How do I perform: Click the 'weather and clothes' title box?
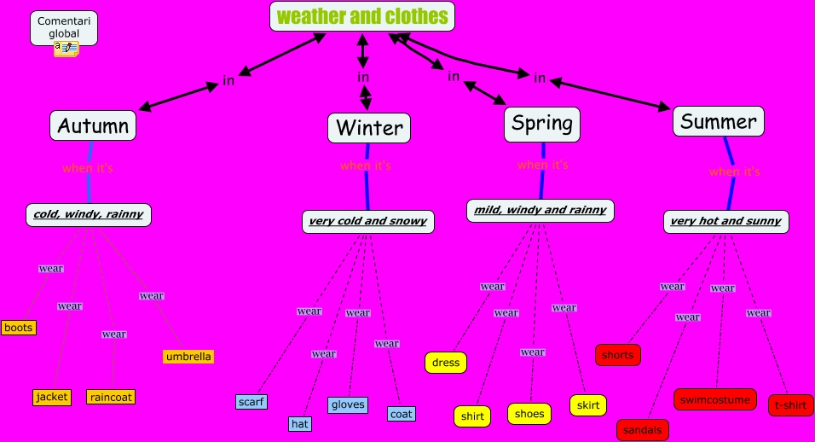[362, 16]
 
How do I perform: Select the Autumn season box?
[93, 126]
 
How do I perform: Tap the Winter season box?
[369, 128]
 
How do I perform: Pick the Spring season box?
[542, 124]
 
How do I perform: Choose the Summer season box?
[718, 121]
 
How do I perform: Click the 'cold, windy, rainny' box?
[89, 214]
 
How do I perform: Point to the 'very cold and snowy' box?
[368, 222]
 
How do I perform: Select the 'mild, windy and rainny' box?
[540, 210]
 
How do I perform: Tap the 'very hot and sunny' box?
[725, 222]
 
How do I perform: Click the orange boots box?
[18, 328]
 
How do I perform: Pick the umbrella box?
[188, 356]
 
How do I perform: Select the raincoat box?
[111, 397]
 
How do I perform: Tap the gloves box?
[348, 404]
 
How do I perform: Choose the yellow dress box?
[446, 363]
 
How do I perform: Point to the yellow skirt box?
[588, 405]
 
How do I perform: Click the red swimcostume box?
[714, 399]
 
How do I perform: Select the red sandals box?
[643, 430]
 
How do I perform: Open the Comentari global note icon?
[66, 49]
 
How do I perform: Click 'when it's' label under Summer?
[734, 172]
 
